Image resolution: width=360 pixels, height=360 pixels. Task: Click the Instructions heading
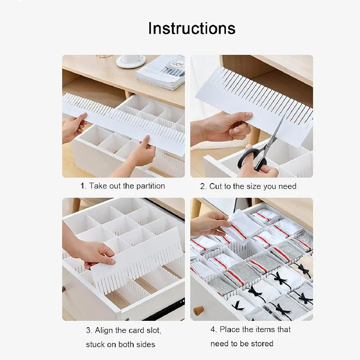click(x=192, y=28)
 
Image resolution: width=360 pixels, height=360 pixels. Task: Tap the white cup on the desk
click(x=131, y=60)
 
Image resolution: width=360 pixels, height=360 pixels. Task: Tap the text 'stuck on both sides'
click(x=121, y=344)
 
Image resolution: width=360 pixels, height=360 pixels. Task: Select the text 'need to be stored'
click(x=242, y=343)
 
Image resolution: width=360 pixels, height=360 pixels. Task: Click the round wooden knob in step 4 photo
click(x=198, y=310)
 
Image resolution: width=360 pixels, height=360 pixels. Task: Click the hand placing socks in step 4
click(x=208, y=222)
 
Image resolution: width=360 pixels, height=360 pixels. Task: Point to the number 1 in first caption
click(x=82, y=186)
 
